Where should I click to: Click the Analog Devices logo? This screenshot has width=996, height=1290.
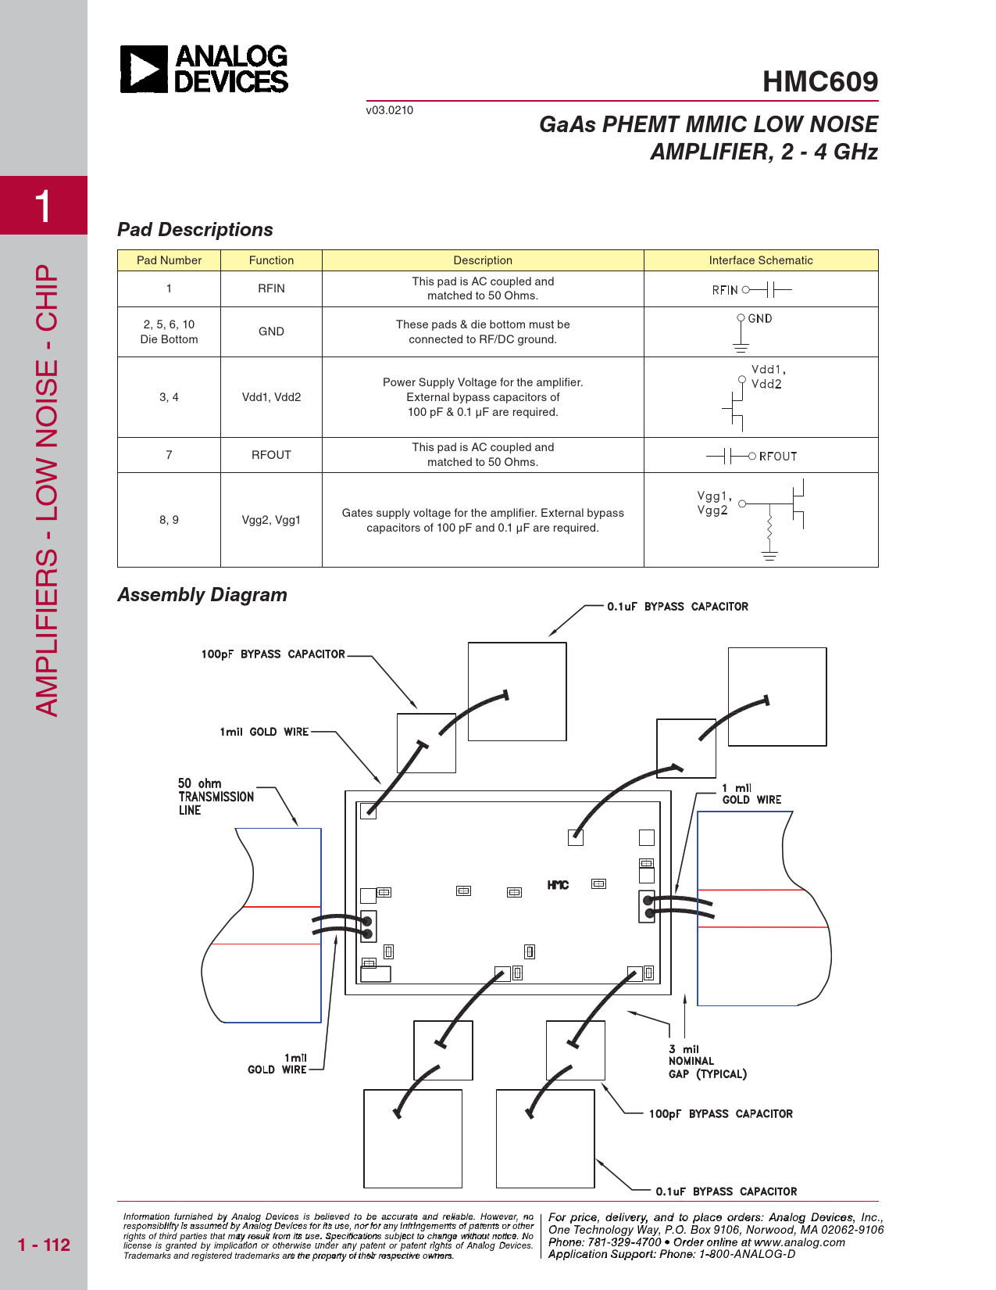coord(204,69)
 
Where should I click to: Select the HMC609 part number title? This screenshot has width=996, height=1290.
coord(819,81)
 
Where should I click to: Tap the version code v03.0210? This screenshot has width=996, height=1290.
coord(389,110)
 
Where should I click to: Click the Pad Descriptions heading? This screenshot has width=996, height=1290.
coord(195,230)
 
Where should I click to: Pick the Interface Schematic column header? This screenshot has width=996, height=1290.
coord(760,260)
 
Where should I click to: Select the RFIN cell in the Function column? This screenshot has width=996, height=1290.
coord(271,288)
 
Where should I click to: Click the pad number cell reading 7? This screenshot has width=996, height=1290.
coord(169,455)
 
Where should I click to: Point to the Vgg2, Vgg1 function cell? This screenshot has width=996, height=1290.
coord(271,520)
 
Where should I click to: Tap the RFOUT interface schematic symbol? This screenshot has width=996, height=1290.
coord(751,456)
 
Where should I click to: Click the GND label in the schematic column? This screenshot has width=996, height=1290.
coord(759,319)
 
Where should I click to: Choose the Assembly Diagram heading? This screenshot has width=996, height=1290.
coord(202,595)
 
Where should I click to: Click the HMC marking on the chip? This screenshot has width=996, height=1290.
coord(558,885)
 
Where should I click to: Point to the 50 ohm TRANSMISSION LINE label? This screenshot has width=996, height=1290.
coord(215,797)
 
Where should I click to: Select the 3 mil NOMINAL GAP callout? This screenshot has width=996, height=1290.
coord(706,1062)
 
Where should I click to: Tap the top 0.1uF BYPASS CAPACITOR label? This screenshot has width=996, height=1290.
coord(677,607)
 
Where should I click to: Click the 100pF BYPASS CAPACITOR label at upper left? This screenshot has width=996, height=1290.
coord(273,654)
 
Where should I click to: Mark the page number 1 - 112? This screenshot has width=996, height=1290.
coord(44,1245)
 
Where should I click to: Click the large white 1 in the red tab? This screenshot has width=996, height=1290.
coord(43,206)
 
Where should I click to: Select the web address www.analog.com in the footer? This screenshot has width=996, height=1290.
coord(799,1242)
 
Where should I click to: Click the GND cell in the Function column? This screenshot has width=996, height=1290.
coord(271,331)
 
